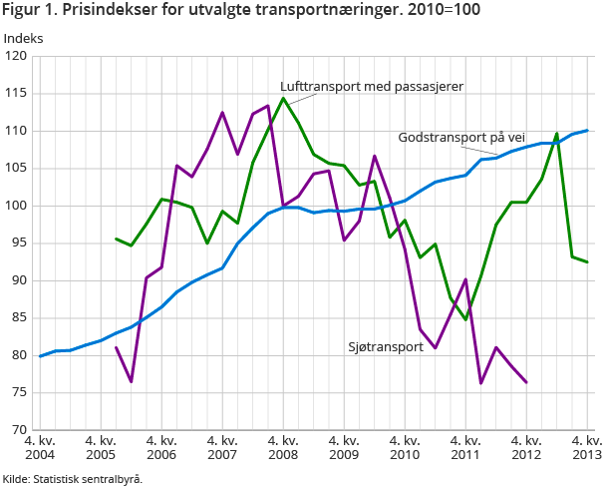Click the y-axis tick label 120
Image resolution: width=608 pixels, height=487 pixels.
(16, 57)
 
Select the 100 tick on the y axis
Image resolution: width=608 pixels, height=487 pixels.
(16, 207)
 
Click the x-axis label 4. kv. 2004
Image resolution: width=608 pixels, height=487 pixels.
(40, 448)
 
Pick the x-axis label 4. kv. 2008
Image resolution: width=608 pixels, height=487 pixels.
(283, 448)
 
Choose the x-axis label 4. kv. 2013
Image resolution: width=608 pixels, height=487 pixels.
(586, 448)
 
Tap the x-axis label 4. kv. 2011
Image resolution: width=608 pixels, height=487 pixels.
(465, 448)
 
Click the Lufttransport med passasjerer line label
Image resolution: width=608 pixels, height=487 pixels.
(372, 86)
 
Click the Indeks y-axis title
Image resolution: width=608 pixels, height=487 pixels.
(24, 38)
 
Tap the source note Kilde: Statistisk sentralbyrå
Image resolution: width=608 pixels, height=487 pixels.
(73, 478)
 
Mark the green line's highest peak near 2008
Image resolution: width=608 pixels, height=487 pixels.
(284, 98)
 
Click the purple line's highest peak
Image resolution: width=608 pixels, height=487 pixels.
(268, 106)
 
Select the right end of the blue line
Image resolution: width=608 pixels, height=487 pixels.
(587, 130)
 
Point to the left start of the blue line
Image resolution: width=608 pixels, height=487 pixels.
(40, 356)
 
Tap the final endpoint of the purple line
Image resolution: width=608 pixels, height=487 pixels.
(526, 382)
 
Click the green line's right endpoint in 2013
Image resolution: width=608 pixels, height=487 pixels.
(587, 261)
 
